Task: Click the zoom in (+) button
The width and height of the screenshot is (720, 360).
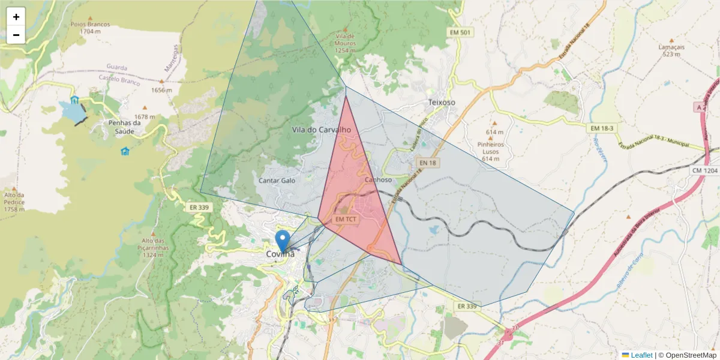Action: click(16, 17)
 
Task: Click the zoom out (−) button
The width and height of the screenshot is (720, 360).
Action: click(16, 35)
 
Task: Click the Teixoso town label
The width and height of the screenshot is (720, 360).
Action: click(442, 103)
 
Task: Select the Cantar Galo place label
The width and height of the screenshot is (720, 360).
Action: click(277, 180)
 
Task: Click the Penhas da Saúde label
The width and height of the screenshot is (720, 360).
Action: click(124, 127)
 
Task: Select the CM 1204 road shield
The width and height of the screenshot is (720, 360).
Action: click(703, 170)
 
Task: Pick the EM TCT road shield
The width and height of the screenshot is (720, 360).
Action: click(346, 220)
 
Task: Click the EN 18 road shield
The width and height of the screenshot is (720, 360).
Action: click(427, 163)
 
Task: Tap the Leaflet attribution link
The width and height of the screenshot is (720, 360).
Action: click(641, 355)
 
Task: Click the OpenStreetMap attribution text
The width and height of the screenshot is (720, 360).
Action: click(687, 355)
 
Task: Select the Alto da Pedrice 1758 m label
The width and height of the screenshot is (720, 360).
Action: click(14, 202)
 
